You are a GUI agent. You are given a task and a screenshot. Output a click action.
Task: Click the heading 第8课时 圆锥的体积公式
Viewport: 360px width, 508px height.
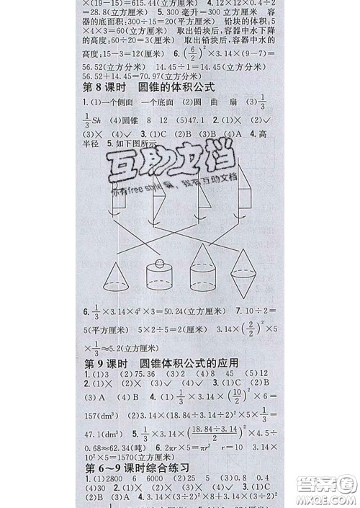(x=148, y=89)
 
